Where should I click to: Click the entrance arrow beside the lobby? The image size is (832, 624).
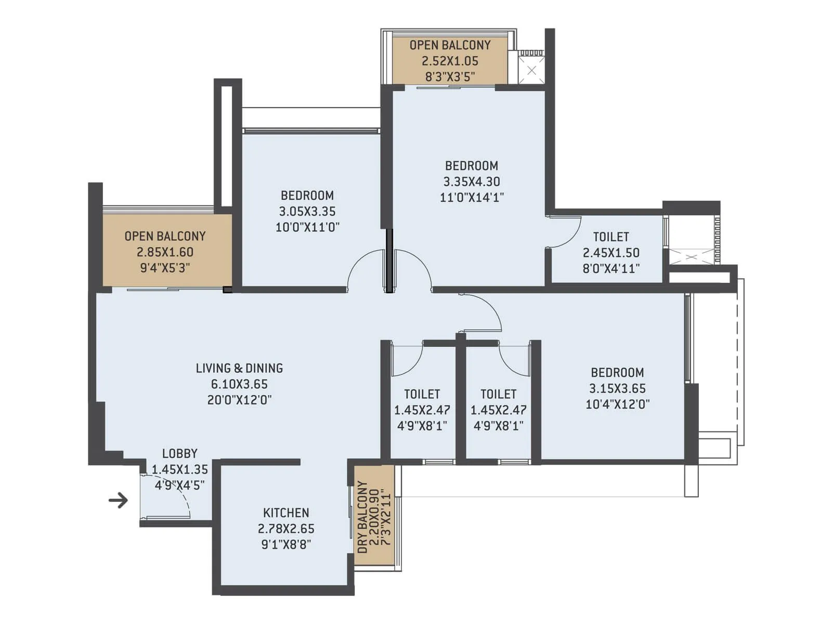point(118,500)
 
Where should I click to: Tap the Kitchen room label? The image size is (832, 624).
point(286,513)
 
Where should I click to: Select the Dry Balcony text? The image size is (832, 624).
point(362,517)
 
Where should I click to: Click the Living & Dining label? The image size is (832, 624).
point(239,368)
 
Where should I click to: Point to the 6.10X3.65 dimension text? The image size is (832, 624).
point(239,384)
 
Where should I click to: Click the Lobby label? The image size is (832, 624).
point(179,453)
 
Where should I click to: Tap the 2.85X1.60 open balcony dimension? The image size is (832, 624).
point(165,252)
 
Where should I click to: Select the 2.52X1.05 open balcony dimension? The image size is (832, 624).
point(450,61)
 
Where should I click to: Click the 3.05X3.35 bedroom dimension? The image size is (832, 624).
point(307,212)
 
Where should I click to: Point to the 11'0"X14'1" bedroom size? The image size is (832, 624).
point(472,198)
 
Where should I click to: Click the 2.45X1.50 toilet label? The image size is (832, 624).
point(611,253)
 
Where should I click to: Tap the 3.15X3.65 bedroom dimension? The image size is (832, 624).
point(617,388)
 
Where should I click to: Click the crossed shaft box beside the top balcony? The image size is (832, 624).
point(531,70)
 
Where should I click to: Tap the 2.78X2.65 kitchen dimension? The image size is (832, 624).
point(286,529)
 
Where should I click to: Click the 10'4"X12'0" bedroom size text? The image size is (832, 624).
point(617,405)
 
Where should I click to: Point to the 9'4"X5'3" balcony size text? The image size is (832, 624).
point(165,268)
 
